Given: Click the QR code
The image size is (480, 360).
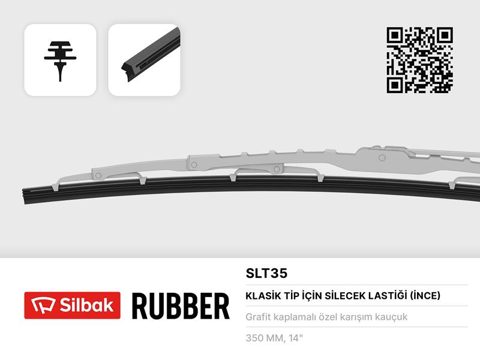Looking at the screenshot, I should pos(419,60).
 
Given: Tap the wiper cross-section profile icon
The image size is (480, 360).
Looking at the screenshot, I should pos(60,60).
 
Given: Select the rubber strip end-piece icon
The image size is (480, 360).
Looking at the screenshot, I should pos(144,60).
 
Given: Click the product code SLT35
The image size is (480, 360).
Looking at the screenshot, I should pos(266,274).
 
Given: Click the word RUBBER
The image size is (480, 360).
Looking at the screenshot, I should pos(180,305).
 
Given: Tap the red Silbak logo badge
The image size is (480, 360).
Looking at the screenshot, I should pos(72,305).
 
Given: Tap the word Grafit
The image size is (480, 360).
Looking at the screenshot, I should pos(259,317).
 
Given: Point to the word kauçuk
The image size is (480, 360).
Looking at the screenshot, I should pos(391,317).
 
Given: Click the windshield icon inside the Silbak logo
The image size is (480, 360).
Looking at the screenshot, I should pos(40,305).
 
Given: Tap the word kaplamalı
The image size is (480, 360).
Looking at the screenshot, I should pos(298,317).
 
